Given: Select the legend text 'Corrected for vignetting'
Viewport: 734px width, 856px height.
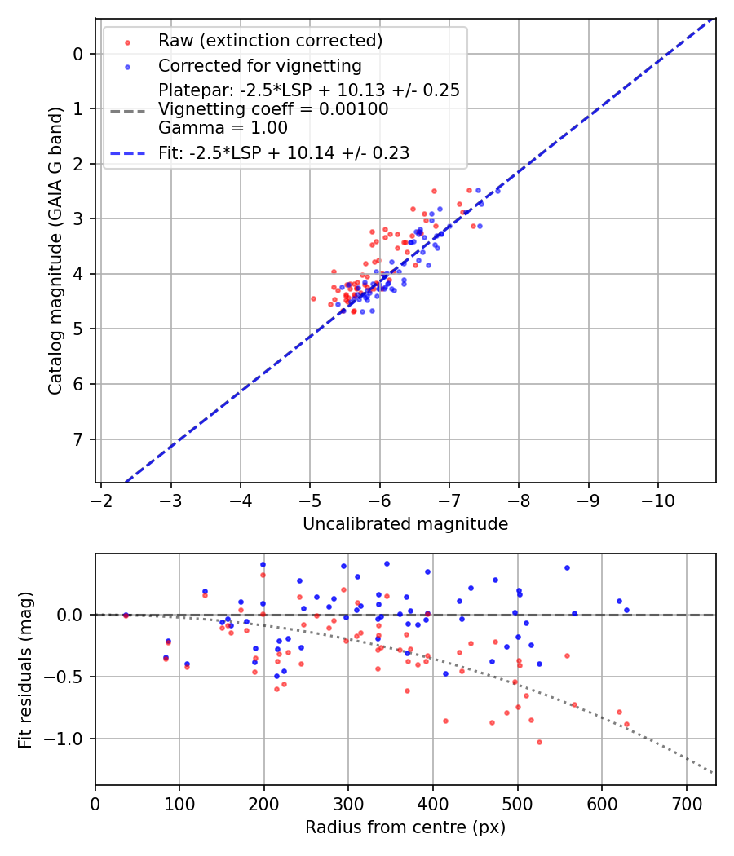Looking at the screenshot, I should [x=260, y=65].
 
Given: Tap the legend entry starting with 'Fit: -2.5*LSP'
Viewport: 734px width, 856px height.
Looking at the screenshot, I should [x=283, y=152].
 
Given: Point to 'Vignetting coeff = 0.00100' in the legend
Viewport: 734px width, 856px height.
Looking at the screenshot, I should [x=273, y=109].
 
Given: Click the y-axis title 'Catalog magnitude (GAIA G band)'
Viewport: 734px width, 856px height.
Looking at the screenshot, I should [x=55, y=248].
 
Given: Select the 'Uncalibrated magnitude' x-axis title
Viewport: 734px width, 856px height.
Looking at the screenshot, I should [x=405, y=524].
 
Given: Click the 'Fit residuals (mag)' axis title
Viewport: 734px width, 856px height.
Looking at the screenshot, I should [x=25, y=668].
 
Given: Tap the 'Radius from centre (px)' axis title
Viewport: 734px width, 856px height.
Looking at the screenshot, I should [x=405, y=827].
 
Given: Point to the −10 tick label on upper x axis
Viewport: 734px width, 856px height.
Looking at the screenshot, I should [x=658, y=499].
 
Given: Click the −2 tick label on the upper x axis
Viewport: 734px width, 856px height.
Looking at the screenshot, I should [x=101, y=499].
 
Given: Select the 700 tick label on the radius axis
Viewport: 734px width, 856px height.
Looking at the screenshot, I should [x=686, y=802].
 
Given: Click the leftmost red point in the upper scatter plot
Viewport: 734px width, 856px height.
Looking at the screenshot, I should [x=313, y=298].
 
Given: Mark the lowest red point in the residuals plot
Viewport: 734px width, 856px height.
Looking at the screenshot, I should [x=539, y=742].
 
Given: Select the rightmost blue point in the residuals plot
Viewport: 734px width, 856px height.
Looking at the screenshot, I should [x=626, y=610].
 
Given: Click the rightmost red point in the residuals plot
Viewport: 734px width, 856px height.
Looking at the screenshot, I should [x=626, y=724].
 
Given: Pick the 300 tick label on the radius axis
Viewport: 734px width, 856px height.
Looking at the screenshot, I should [x=348, y=802].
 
